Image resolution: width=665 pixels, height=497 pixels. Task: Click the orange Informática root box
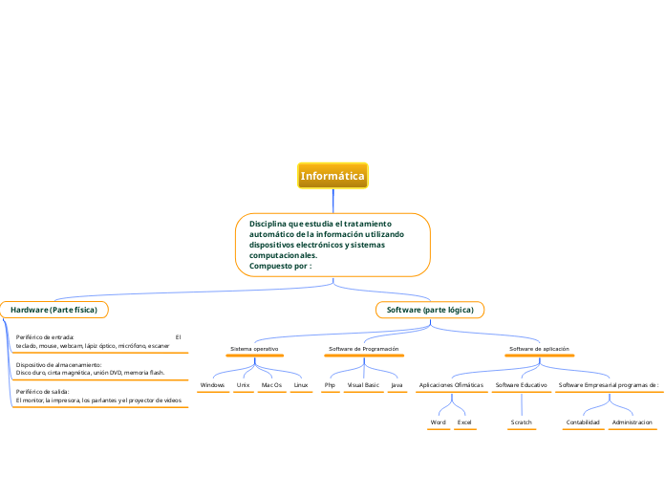[x=332, y=176]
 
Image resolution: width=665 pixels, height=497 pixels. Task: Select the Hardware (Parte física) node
[x=54, y=310]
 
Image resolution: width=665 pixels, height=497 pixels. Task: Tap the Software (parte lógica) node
[x=430, y=310]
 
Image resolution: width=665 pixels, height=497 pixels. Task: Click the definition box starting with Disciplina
[x=332, y=245]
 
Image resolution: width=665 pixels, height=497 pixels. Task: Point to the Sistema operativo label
[x=254, y=350]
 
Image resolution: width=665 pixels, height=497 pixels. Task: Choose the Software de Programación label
[x=363, y=350]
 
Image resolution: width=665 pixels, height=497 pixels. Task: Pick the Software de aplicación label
[x=540, y=350]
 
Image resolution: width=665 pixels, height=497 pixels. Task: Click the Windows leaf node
[x=212, y=385]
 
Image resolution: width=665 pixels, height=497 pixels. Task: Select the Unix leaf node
[x=244, y=385]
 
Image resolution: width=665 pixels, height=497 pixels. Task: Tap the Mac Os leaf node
[x=271, y=385]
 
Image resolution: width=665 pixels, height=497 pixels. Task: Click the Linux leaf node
[x=301, y=385]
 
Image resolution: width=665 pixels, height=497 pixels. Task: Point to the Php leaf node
[x=330, y=385]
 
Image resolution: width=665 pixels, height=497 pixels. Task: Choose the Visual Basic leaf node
[x=363, y=385]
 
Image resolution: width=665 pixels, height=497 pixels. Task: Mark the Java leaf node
[x=397, y=385]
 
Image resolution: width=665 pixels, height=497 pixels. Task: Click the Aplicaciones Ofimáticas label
[x=451, y=385]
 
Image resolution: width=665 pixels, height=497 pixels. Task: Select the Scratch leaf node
[x=521, y=421]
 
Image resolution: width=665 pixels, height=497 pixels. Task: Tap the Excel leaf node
[x=464, y=421]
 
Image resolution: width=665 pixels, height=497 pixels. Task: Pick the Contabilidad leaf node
[x=583, y=421]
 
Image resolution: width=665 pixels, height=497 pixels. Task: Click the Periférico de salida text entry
[x=98, y=396]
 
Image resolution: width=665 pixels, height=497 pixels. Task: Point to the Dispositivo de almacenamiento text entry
[x=91, y=369]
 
